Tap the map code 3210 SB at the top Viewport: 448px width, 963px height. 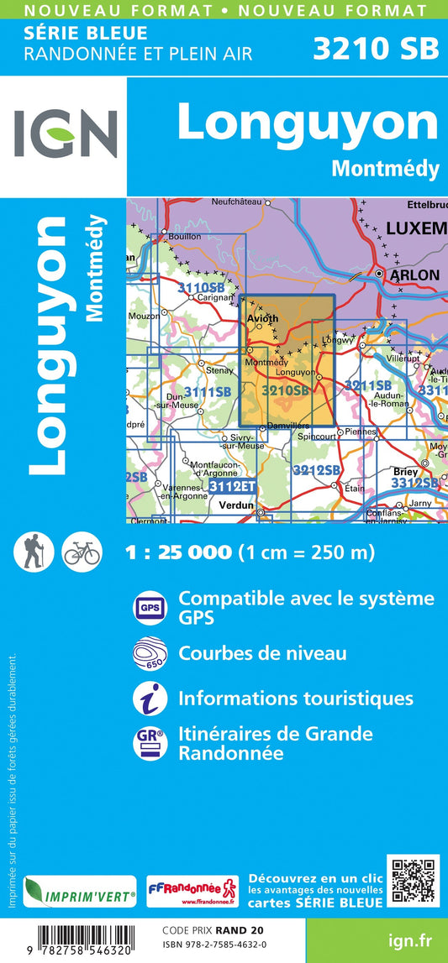(376, 48)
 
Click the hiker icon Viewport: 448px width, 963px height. (34, 552)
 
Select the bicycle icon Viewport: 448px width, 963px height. (82, 552)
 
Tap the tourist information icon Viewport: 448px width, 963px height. (149, 698)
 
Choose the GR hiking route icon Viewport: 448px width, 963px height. (149, 742)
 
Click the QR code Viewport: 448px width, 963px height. (413, 882)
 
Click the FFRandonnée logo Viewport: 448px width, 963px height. (192, 892)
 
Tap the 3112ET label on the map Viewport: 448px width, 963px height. (231, 485)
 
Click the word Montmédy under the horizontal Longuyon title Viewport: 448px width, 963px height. (385, 169)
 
